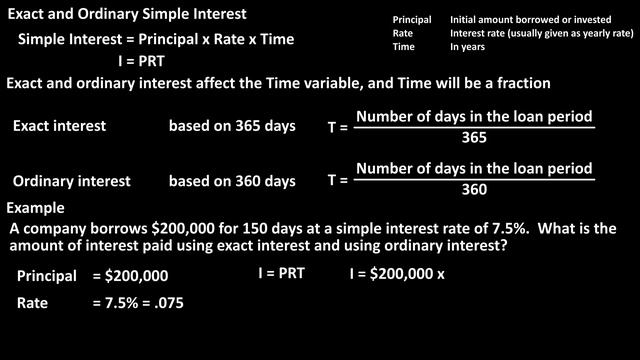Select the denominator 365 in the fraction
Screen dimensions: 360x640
pyautogui.click(x=474, y=138)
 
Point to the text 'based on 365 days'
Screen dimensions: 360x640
pyautogui.click(x=232, y=127)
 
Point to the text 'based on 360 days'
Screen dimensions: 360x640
pyautogui.click(x=232, y=181)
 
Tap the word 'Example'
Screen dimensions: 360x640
pyautogui.click(x=36, y=208)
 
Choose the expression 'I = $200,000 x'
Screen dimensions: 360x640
pyautogui.click(x=396, y=273)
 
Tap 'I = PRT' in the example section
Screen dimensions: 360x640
pyautogui.click(x=281, y=272)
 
